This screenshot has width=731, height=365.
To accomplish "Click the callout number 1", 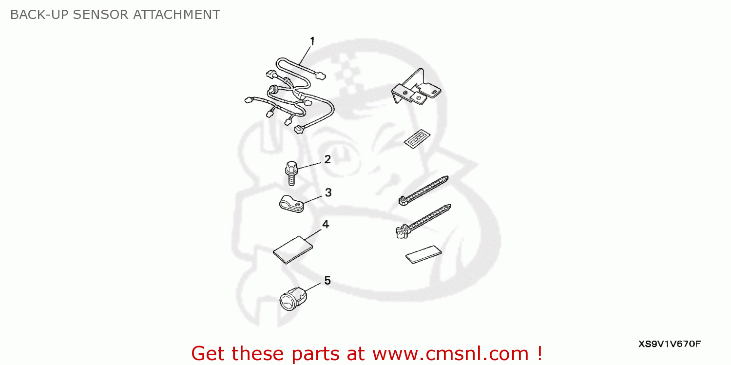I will point(312,41).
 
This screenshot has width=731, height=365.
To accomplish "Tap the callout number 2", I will point(327,159).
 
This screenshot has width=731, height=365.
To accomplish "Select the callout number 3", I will point(328,193).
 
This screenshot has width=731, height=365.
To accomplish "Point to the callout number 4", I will point(326,224).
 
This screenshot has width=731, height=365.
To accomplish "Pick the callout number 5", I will point(327,280).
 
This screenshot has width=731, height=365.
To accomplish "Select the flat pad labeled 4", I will point(293,250).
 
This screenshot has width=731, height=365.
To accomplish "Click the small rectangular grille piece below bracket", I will point(417,139).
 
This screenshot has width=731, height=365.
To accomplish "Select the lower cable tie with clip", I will point(421,221).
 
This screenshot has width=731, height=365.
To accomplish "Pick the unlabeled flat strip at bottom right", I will point(423,254).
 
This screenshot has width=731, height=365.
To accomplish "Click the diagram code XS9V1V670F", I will point(670,344).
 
